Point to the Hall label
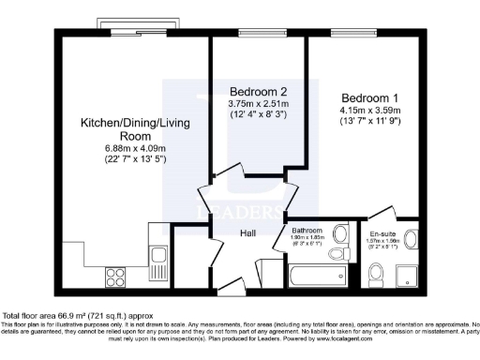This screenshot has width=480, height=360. (x=247, y=233)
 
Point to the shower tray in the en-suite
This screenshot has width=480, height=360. (x=409, y=274)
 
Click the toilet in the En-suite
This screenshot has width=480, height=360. (x=376, y=274)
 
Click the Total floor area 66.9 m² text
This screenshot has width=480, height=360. (x=75, y=316)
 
